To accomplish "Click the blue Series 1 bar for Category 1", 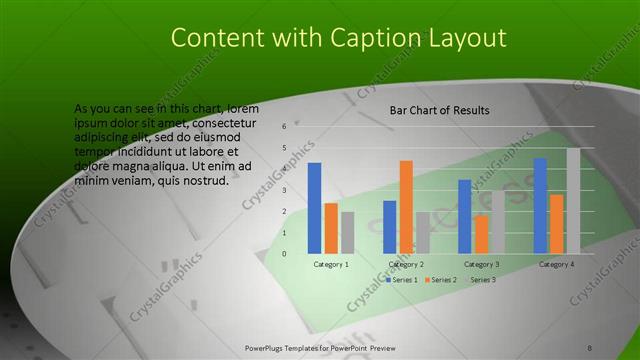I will pyautogui.click(x=315, y=208).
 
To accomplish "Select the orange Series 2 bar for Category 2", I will pyautogui.click(x=406, y=207).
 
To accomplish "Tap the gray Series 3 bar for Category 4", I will pyautogui.click(x=573, y=201).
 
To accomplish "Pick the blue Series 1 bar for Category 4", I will pyautogui.click(x=540, y=206).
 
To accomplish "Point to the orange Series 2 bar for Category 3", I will pyautogui.click(x=482, y=235).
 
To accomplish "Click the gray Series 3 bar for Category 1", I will pyautogui.click(x=347, y=232).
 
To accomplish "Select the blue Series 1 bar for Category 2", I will pyautogui.click(x=390, y=227).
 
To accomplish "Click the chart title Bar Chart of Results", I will pyautogui.click(x=439, y=110).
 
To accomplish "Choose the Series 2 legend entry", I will pyautogui.click(x=441, y=280).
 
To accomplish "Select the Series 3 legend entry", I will pyautogui.click(x=481, y=280).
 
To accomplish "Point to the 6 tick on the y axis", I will pyautogui.click(x=285, y=127).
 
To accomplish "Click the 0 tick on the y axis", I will pyautogui.click(x=285, y=254).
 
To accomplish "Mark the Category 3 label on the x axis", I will pyautogui.click(x=482, y=265).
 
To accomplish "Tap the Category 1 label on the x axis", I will pyautogui.click(x=331, y=265).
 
